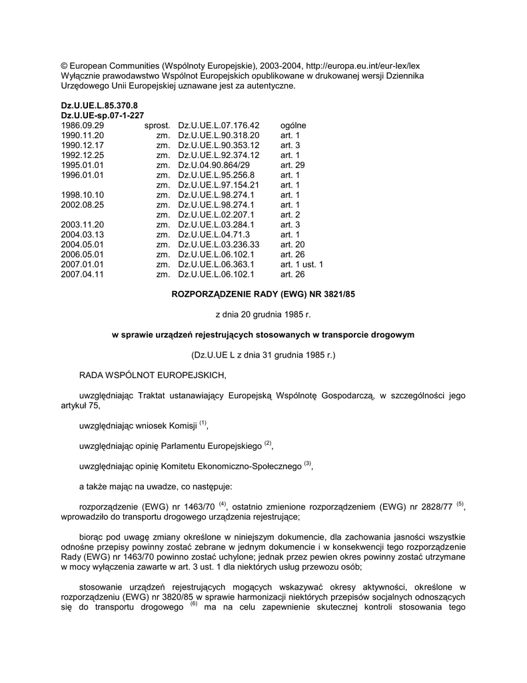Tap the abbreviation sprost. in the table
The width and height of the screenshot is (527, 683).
coord(157,125)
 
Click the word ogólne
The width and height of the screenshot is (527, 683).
coord(294,125)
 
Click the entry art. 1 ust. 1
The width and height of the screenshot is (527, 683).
coord(302,264)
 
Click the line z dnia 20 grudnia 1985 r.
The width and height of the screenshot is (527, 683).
coord(263,314)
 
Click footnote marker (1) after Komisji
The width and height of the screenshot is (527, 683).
coord(203,423)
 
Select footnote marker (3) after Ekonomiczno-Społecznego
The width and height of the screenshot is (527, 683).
coord(308,464)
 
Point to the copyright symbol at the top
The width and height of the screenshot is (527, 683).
coord(64,65)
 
